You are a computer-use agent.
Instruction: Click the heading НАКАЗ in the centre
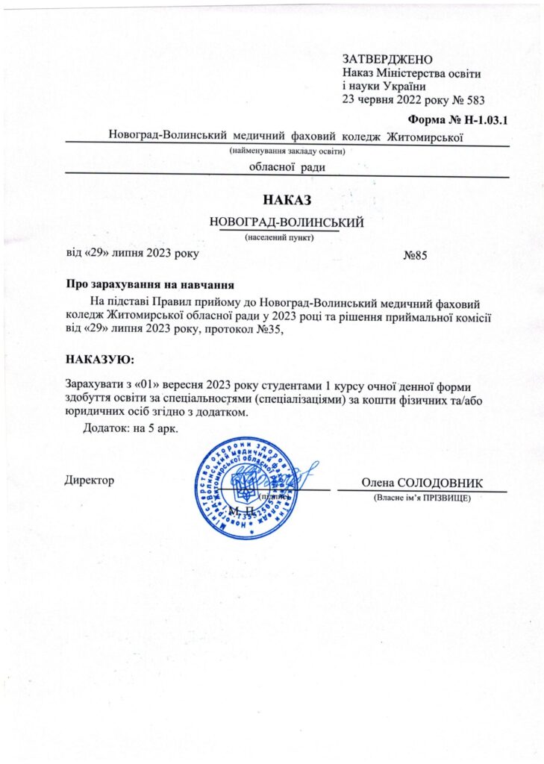[287, 200]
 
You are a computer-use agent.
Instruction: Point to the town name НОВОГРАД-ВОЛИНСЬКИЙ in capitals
[287, 222]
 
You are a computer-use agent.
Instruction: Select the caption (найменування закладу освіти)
[290, 151]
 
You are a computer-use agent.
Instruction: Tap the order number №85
[414, 255]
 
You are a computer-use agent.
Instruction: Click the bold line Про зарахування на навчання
[151, 284]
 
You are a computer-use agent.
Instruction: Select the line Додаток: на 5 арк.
[130, 429]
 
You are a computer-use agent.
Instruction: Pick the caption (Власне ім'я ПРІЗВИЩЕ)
[422, 497]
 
